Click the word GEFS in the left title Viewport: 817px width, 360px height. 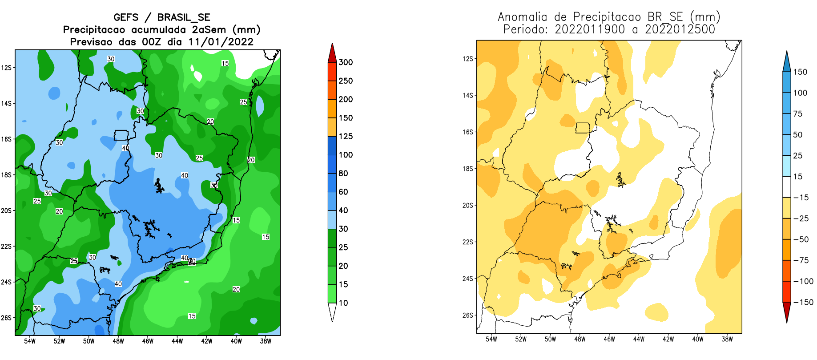point(126,17)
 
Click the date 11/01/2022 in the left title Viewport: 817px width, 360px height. point(221,42)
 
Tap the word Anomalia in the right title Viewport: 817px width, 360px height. point(522,17)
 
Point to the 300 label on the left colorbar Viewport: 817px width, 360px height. point(346,62)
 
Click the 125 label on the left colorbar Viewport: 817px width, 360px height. point(346,136)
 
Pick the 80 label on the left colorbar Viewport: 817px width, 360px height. point(343,173)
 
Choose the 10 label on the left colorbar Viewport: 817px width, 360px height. point(343,303)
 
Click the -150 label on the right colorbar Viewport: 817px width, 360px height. point(803,302)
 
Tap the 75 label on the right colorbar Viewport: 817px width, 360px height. point(798,113)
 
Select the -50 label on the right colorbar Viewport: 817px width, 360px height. point(801,239)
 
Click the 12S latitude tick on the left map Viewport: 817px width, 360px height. point(6,68)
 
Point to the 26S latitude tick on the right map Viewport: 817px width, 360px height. point(468,315)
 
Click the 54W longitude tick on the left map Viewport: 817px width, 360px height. point(30,341)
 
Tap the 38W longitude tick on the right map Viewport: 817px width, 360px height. point(727,339)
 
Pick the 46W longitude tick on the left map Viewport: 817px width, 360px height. point(148,341)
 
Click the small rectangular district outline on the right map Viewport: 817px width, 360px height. point(583,128)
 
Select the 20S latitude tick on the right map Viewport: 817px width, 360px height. point(468,205)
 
